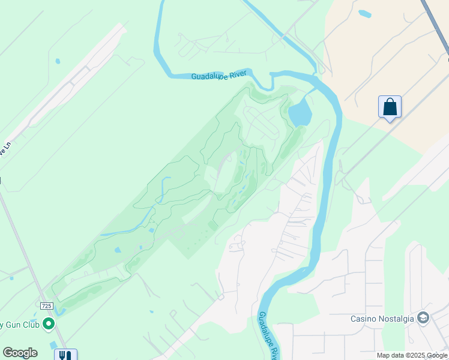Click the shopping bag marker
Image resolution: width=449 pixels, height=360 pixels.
pos(390,107)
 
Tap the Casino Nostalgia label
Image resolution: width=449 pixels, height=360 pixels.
pos(382,319)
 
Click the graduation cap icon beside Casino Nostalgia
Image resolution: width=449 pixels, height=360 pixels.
pos(423,317)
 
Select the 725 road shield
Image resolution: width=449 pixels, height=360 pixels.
pos(47,306)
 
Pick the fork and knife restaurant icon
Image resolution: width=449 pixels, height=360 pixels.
pos(65,355)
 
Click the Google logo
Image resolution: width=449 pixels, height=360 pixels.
pos(20,353)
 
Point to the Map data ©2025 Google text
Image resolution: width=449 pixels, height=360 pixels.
pos(412,355)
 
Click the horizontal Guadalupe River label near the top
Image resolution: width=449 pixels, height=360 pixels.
pos(218,76)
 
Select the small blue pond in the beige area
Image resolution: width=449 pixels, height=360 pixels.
pos(364,13)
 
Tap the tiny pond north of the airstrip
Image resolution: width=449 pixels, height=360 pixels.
pos(57,61)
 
